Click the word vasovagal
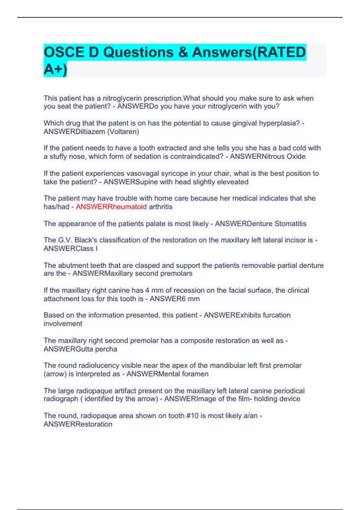point(143,173)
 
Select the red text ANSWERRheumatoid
point(111,207)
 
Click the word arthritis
point(160,207)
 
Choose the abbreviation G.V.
point(65,240)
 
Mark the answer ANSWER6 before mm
point(168,298)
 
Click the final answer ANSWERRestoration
point(78,424)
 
